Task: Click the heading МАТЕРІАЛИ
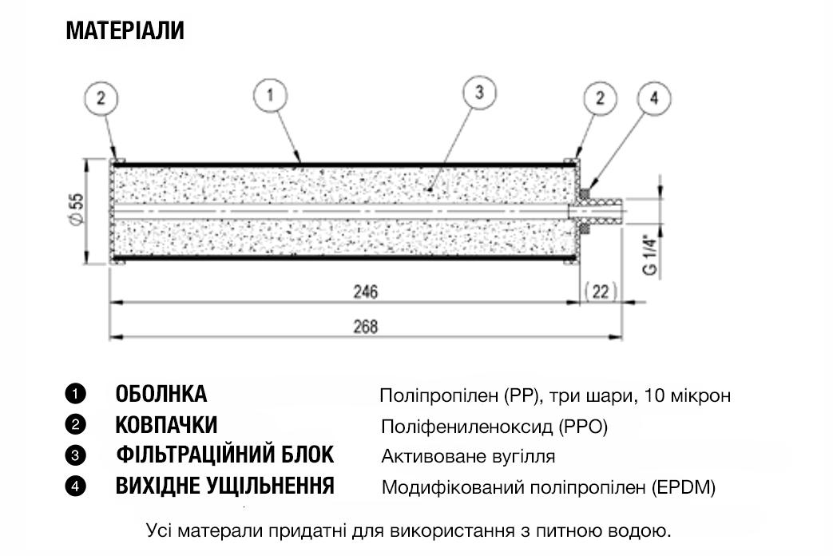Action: (x=125, y=30)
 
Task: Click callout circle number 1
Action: (x=271, y=96)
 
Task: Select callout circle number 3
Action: (x=479, y=93)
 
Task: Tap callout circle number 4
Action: (x=654, y=98)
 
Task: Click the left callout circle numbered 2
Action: (x=101, y=99)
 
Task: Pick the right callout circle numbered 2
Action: (x=600, y=98)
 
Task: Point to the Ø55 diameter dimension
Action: (x=77, y=208)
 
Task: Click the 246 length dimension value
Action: (x=366, y=292)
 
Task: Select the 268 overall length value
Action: (x=366, y=327)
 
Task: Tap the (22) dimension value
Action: (x=601, y=292)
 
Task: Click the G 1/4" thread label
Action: (x=650, y=255)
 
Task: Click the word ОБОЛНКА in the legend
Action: (x=161, y=395)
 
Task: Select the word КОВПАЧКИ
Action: (x=166, y=425)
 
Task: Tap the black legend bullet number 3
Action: (x=75, y=455)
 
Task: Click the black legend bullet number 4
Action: (x=75, y=486)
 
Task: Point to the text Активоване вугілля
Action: (x=468, y=457)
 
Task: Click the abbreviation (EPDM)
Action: (x=684, y=487)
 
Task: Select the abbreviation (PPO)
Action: (x=583, y=427)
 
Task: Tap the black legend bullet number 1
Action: (x=75, y=395)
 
